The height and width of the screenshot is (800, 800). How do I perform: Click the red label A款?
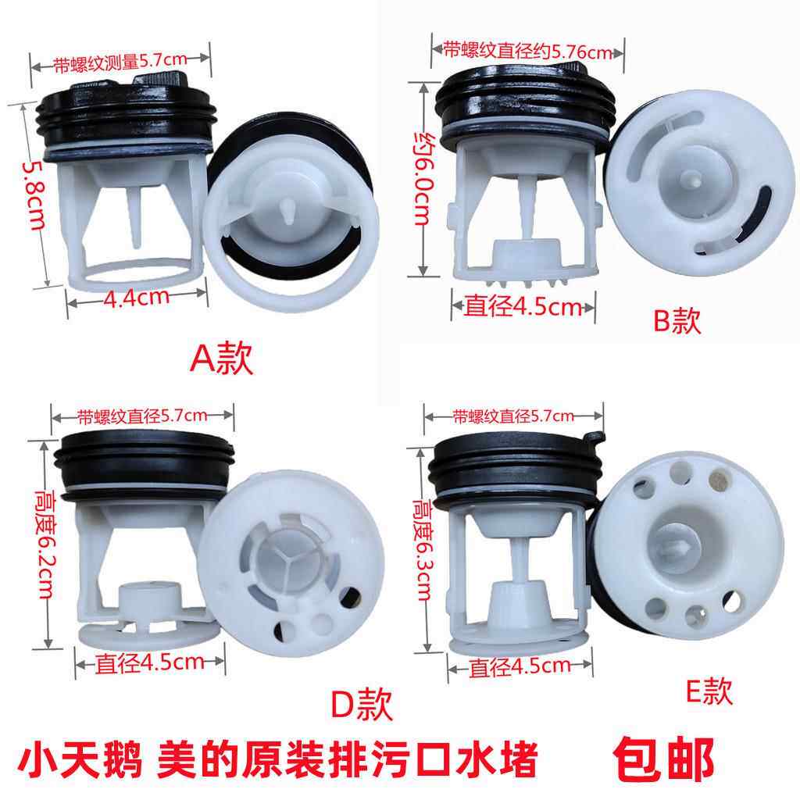coord(223,360)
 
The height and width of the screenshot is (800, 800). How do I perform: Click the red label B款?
coord(677,320)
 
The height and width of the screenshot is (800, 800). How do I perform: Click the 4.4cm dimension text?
coord(139,296)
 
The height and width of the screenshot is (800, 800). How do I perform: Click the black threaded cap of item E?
coord(508,469)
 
